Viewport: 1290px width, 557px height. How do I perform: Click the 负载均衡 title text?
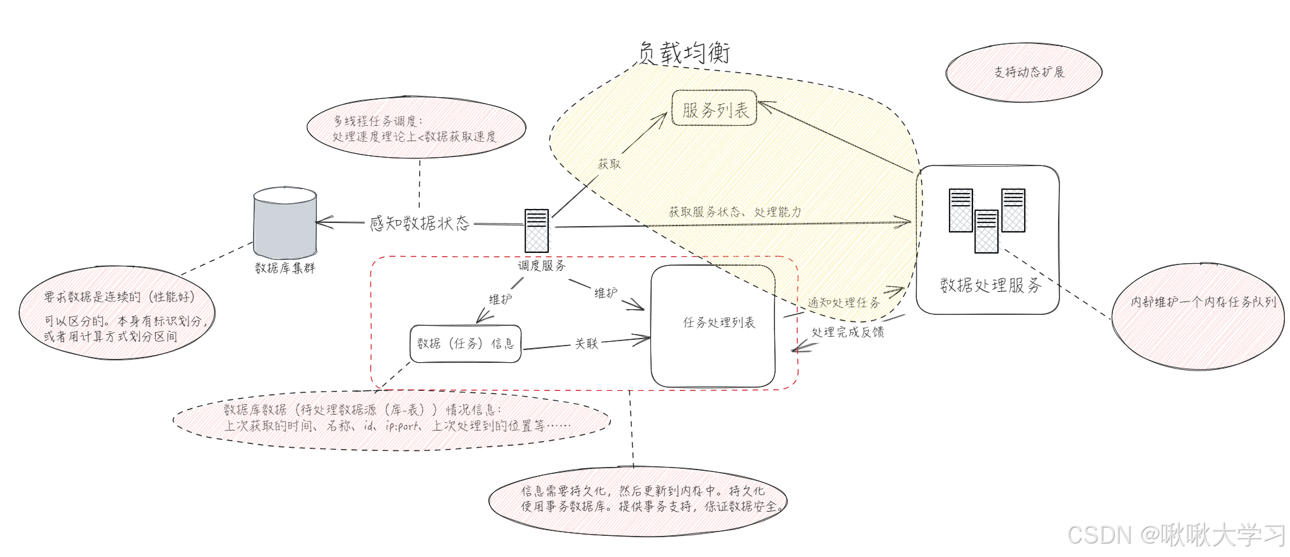click(x=684, y=52)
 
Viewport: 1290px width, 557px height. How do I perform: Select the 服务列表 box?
click(x=714, y=109)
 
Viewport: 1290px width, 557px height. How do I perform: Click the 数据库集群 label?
click(x=285, y=268)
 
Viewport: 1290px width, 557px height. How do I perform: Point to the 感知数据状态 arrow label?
click(x=419, y=223)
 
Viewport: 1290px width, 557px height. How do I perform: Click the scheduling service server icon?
click(x=537, y=231)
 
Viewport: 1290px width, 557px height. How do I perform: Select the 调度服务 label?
click(x=541, y=266)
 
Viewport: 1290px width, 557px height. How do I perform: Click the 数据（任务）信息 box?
click(x=465, y=344)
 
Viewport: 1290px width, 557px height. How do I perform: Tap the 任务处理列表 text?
click(x=719, y=323)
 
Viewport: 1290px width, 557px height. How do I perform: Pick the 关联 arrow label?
click(x=586, y=344)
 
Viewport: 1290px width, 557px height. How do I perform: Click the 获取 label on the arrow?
click(x=609, y=164)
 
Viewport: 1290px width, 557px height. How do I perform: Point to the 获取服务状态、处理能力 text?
click(x=735, y=211)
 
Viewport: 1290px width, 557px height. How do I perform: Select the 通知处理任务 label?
click(x=843, y=302)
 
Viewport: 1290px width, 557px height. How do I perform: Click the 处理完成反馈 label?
click(x=848, y=332)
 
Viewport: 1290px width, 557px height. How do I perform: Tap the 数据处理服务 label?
click(x=990, y=285)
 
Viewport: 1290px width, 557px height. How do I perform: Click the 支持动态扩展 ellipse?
click(x=1024, y=72)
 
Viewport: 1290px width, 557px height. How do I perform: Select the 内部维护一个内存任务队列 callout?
click(x=1198, y=316)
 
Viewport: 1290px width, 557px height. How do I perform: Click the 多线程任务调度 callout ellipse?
click(x=416, y=128)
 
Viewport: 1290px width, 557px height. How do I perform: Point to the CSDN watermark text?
click(x=1176, y=535)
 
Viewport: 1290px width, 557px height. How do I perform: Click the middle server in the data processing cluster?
click(x=986, y=231)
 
